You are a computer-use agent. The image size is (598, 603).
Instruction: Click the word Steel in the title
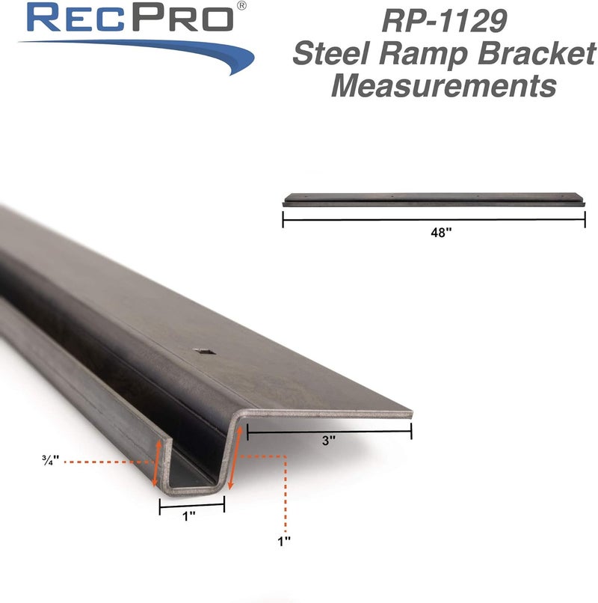tap(328, 53)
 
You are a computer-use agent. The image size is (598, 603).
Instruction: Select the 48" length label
tap(441, 233)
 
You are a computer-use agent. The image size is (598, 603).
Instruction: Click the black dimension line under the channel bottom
tap(192, 506)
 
